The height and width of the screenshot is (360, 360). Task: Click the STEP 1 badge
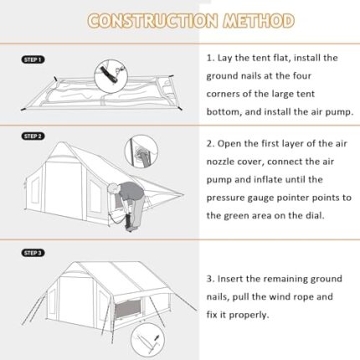point(33,59)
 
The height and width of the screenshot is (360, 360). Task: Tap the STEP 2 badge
point(33,136)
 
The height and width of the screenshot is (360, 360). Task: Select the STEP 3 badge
point(33,253)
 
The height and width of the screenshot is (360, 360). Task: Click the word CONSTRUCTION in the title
point(152,21)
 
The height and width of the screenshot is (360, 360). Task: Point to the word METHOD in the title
point(259,21)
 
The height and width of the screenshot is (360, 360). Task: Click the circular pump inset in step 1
point(111,76)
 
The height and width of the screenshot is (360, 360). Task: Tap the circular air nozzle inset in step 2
point(141,152)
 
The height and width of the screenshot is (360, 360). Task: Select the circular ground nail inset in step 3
point(147,340)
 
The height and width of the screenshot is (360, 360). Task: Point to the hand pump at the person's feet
point(129,222)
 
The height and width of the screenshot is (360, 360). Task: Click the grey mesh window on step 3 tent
point(127,309)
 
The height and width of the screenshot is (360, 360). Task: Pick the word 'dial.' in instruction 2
point(315,215)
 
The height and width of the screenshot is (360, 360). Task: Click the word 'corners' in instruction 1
point(223,94)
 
